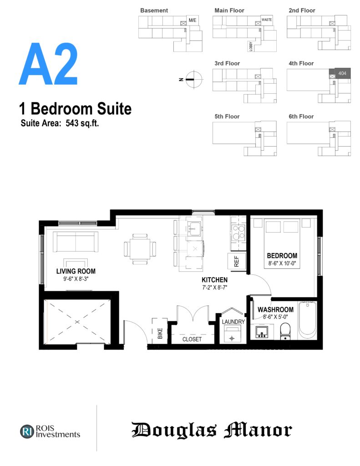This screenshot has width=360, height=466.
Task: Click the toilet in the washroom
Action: coord(285,331)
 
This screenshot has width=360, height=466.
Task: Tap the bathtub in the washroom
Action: coord(307,320)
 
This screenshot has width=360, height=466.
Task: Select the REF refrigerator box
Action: coord(237,261)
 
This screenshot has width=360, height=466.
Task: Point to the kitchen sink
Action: coord(195,228)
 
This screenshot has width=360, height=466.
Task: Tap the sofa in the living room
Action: coord(76,242)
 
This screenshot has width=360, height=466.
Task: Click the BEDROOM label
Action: coord(282,256)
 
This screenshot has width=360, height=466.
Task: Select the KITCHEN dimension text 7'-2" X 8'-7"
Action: coord(215,288)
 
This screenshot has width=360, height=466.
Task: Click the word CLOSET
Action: coord(192,339)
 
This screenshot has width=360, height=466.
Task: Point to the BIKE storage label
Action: coord(160,333)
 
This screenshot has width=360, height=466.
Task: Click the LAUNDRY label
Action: coord(233,322)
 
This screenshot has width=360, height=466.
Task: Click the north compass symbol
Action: coord(193,79)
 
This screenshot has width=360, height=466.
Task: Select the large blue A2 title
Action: coord(48,64)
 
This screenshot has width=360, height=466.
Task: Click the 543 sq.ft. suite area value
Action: coord(82,123)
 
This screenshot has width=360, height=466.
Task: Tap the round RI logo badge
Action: coord(27,431)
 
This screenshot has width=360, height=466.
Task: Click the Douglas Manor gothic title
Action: coord(212,430)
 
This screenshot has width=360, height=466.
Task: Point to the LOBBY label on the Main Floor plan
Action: coord(251,46)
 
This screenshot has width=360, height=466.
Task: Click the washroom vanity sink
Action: coord(262,332)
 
